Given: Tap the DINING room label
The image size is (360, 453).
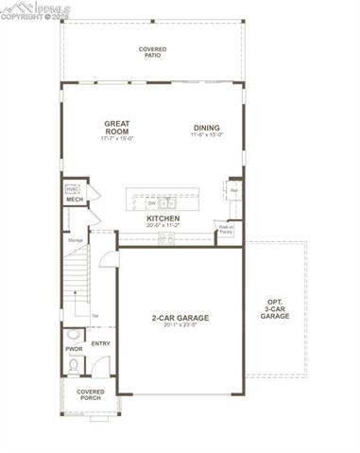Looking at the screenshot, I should click(x=207, y=128).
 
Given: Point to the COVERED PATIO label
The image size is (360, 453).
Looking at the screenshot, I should click(x=153, y=52).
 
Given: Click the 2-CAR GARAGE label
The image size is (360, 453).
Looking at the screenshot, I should click(x=180, y=318).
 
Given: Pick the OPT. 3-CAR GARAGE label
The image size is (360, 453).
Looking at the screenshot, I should click(x=275, y=309).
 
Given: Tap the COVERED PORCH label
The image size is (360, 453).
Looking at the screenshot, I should click(x=91, y=394).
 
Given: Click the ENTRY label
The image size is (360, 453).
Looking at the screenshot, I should click(x=101, y=343).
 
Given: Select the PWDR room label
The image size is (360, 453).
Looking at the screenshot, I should click(x=74, y=349).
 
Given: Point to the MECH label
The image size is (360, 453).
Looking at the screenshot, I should click(x=75, y=200).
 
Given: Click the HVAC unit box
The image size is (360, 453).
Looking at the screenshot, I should click(x=72, y=189).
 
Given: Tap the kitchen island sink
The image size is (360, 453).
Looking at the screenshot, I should click(x=167, y=201).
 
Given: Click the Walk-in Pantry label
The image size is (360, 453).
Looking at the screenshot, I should click(x=227, y=230).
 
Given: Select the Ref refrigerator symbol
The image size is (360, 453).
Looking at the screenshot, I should click(x=232, y=191).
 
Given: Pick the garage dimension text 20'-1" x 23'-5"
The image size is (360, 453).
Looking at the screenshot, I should click(x=180, y=326).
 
